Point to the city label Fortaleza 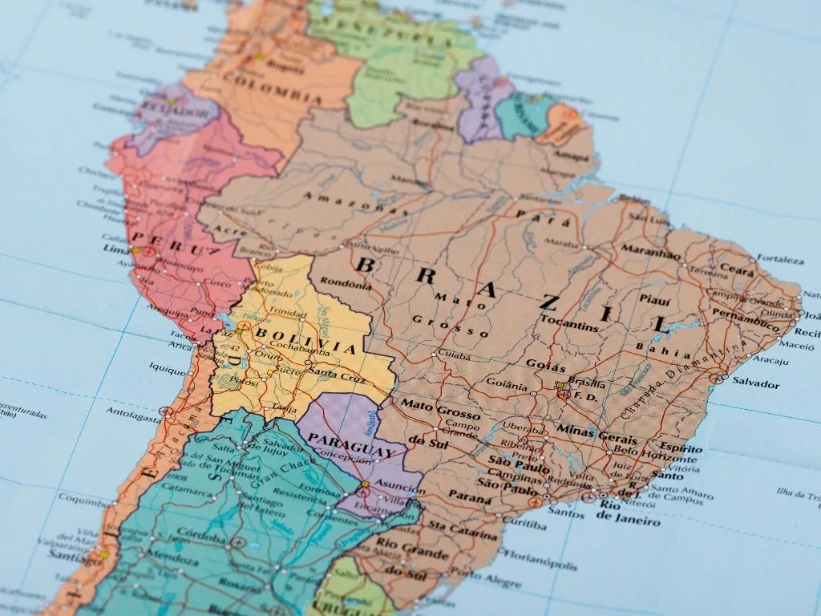coord(780,260)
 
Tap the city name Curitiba coord(525,525)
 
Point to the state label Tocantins coord(570,326)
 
